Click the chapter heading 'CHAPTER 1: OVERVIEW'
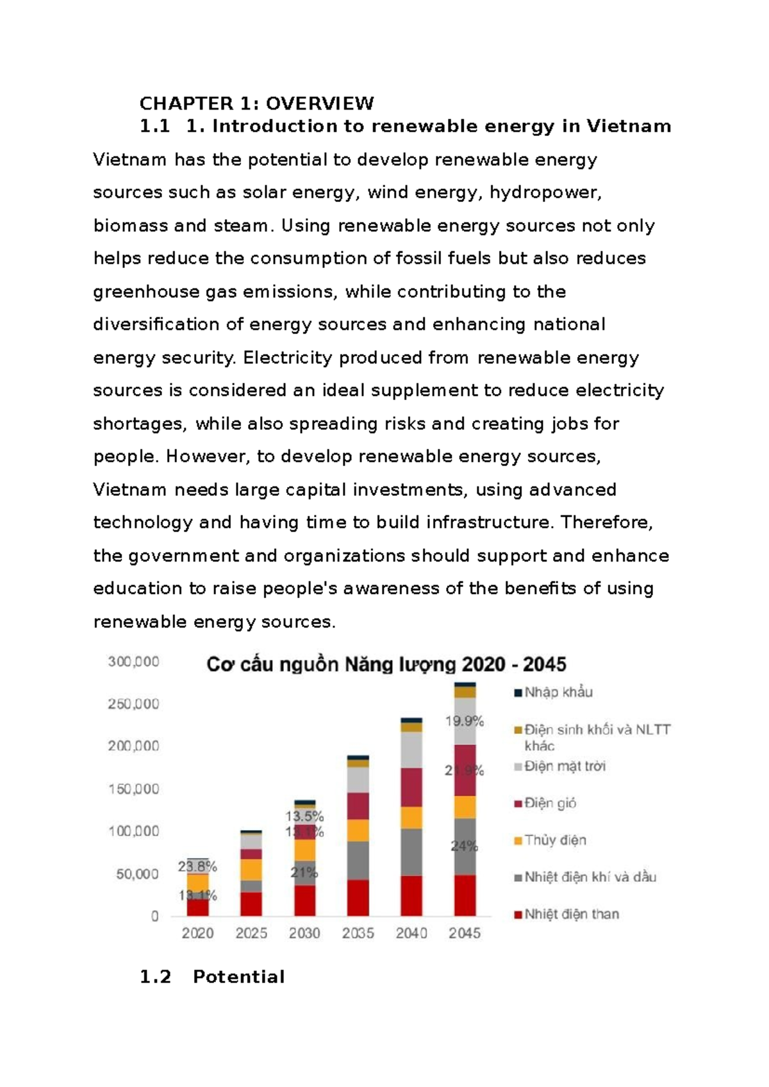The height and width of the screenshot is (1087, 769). pos(257,103)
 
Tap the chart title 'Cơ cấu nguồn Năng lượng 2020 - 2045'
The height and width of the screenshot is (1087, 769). pos(386,665)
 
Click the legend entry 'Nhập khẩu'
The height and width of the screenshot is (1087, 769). pos(554,692)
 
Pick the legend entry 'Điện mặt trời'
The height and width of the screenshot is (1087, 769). pos(560,767)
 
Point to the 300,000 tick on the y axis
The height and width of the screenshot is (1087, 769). pos(133,662)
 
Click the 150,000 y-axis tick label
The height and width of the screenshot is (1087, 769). pos(133,789)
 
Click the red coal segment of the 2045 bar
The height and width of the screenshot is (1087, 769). pos(465,895)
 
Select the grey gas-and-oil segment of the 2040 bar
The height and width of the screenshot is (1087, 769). pos(411,852)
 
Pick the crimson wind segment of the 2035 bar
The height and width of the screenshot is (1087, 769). pos(358,806)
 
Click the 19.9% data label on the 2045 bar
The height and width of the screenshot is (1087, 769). pos(465,722)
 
